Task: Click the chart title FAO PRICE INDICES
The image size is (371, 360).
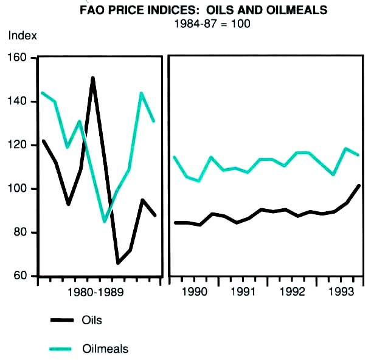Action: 203,10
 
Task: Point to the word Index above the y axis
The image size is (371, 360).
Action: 23,35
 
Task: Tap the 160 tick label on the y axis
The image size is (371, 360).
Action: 21,58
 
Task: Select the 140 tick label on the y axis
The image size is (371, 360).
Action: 21,101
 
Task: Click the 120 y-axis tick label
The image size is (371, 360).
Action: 21,145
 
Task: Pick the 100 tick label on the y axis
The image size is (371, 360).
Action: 21,189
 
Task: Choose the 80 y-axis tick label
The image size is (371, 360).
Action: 23,233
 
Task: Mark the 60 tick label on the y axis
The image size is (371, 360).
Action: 23,276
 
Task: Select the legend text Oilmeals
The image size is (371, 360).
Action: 105,349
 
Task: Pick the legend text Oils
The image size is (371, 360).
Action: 92,320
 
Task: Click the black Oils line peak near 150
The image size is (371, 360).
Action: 92,78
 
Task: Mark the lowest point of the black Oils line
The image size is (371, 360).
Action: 118,262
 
